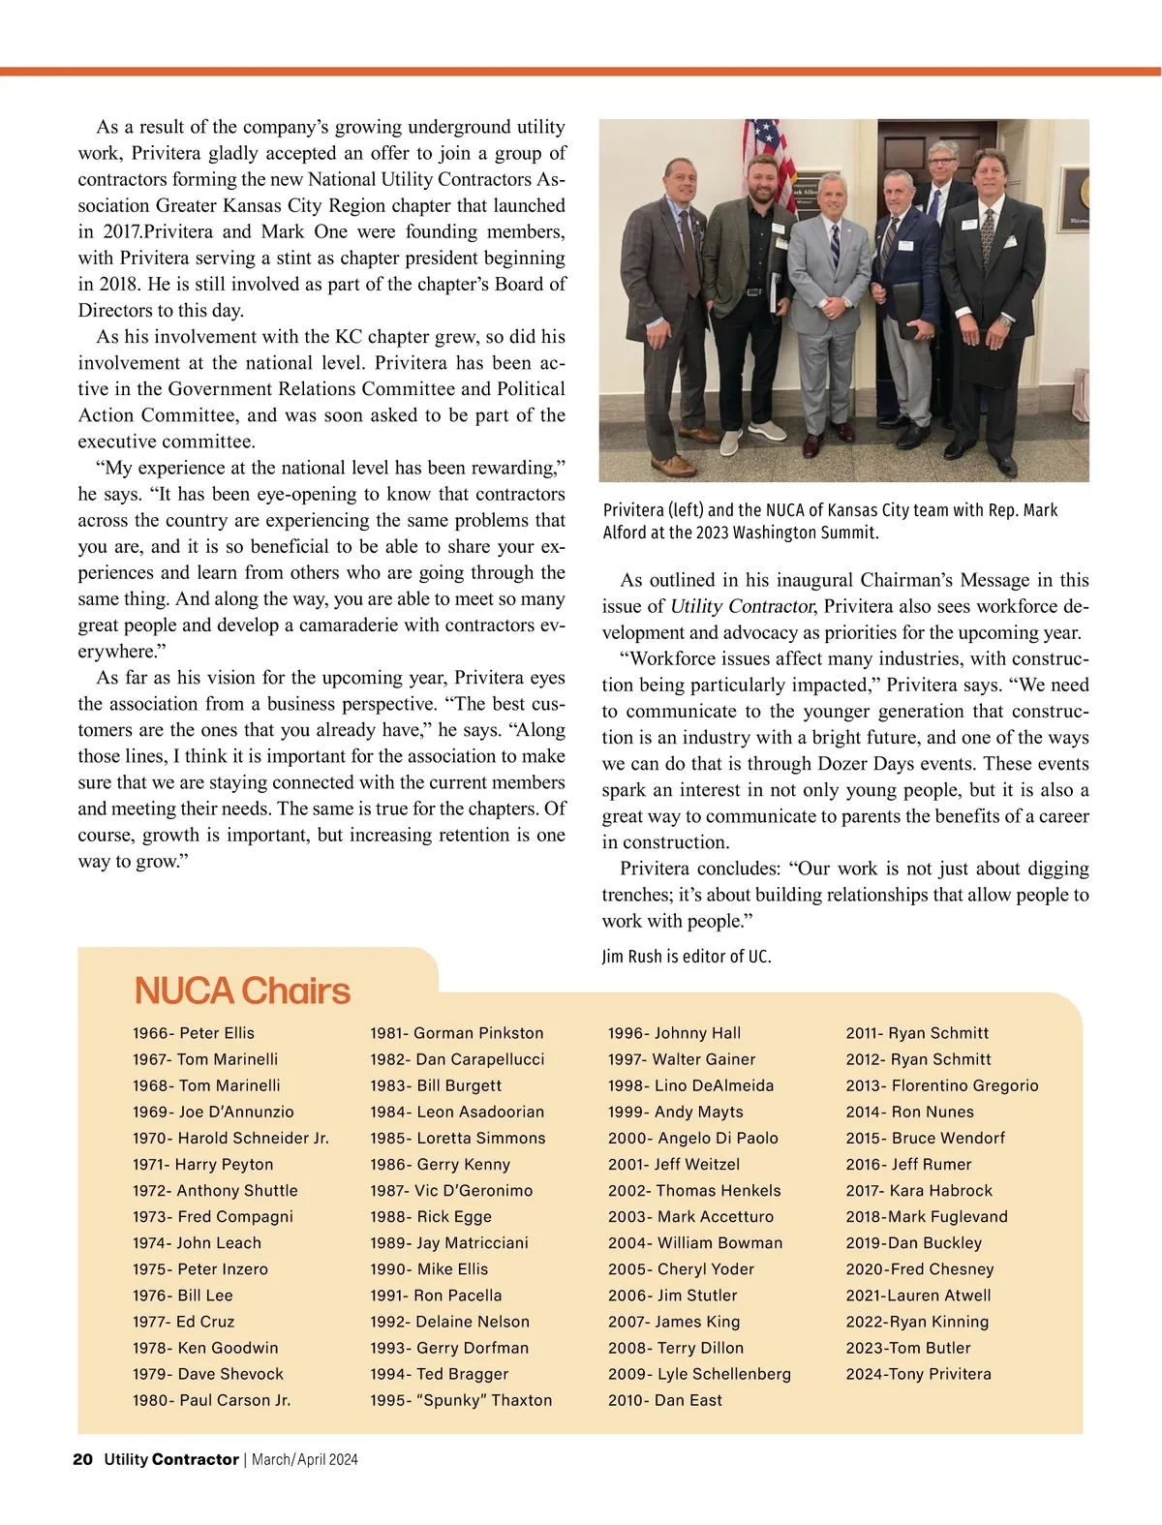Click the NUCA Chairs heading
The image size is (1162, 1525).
[242, 991]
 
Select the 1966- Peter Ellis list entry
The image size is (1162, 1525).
[194, 1033]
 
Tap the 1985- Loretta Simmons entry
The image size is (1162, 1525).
[457, 1138]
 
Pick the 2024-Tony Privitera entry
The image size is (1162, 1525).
[918, 1373]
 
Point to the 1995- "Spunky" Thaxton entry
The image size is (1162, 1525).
[461, 1400]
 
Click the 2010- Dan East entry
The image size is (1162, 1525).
[664, 1400]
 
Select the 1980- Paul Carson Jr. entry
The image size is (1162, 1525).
[211, 1400]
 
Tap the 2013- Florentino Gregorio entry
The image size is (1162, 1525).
[941, 1085]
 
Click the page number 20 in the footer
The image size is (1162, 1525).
[82, 1459]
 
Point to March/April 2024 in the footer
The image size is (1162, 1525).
[304, 1459]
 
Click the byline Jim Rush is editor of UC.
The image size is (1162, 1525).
[687, 957]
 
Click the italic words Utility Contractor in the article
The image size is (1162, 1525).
[743, 607]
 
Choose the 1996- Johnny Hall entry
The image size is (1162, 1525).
[674, 1033]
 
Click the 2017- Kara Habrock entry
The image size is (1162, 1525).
[919, 1190]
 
